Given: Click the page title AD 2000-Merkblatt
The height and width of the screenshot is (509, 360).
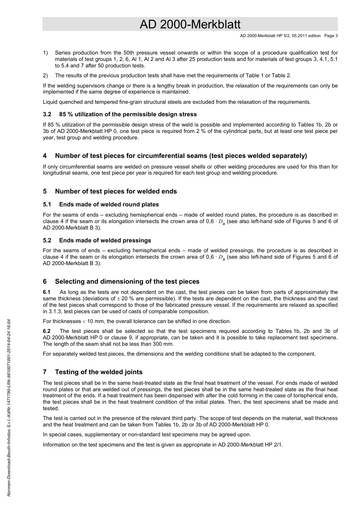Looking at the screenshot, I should coord(190,24).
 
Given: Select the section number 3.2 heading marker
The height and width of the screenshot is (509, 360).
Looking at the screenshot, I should coord(47,114).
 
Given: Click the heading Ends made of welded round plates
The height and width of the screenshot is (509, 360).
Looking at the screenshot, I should coord(109,205).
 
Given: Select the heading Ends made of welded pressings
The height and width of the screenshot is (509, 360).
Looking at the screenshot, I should coord(105,240).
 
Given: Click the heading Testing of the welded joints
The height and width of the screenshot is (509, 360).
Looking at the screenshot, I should coord(99,372).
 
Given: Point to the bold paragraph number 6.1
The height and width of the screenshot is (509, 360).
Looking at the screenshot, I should coord(47,292).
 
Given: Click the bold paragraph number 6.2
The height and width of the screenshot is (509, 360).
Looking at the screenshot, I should coord(47,331).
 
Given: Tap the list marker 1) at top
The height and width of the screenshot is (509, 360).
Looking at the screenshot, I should coord(45,53).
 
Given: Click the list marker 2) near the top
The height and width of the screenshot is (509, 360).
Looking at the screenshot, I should coord(45,75).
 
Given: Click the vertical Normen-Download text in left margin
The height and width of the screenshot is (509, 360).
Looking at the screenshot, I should coord(8,407).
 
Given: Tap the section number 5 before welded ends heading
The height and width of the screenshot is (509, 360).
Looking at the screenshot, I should coord(45,191).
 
